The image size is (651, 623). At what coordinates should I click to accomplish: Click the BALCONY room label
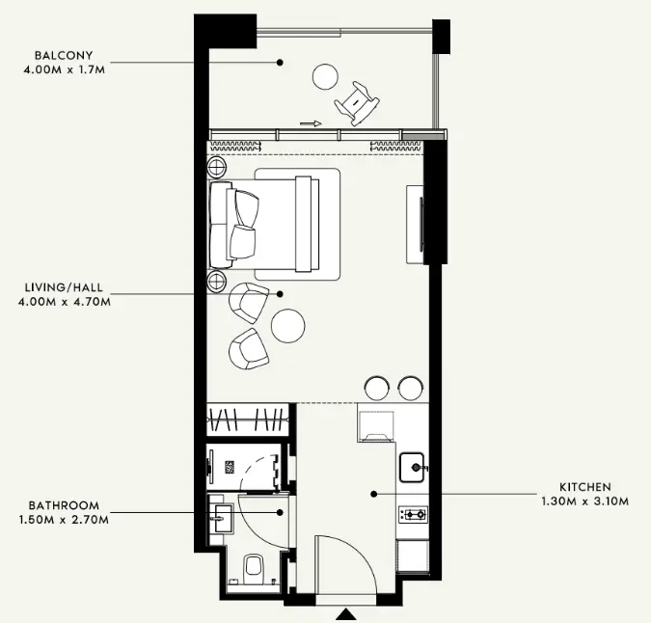click(64, 55)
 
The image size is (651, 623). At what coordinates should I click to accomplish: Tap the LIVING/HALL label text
click(64, 287)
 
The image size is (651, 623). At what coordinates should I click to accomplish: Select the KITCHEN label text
click(585, 487)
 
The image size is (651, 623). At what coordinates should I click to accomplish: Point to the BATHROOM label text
click(64, 505)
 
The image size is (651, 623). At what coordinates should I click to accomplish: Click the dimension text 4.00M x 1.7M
click(65, 69)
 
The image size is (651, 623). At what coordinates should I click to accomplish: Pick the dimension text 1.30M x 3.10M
click(585, 501)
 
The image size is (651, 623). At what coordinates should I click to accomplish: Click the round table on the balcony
click(325, 77)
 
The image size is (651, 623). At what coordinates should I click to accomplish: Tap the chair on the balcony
click(357, 103)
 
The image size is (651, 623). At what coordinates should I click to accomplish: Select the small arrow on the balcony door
click(311, 123)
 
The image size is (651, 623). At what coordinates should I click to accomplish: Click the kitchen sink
click(412, 468)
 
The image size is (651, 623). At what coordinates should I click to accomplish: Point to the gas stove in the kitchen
click(413, 515)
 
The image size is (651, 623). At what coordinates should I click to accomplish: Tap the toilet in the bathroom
click(254, 569)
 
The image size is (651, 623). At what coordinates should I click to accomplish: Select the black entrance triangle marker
click(346, 614)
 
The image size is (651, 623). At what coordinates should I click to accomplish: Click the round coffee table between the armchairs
click(288, 326)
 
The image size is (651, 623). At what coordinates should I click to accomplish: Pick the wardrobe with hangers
click(248, 420)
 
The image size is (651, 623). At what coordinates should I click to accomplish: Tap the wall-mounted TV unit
click(415, 225)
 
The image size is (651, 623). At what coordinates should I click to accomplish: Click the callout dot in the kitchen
click(374, 494)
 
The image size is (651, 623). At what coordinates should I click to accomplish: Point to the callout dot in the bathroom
click(281, 513)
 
